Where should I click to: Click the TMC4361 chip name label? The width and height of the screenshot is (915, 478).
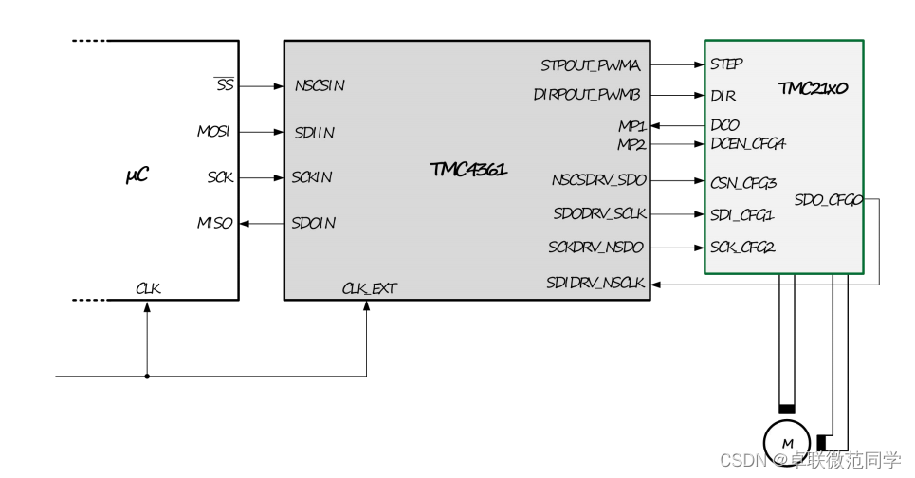click(x=468, y=170)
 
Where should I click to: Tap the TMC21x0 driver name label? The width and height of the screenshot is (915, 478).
click(x=813, y=88)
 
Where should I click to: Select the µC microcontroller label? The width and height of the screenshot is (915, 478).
click(x=137, y=175)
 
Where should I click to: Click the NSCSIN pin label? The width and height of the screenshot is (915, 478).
click(x=320, y=85)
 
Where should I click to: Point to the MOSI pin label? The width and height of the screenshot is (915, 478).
click(x=213, y=132)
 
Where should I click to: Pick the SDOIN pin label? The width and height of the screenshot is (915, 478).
click(x=314, y=223)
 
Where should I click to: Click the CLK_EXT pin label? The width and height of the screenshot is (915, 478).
click(x=369, y=288)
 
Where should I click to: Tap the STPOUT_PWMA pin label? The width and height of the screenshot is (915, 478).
click(x=591, y=65)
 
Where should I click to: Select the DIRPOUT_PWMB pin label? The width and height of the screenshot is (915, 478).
click(x=587, y=95)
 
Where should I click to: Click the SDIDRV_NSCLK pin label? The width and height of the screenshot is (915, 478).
click(x=595, y=283)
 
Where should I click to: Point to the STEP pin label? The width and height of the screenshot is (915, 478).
click(x=726, y=64)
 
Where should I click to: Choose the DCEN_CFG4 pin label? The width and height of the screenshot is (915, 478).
click(x=748, y=144)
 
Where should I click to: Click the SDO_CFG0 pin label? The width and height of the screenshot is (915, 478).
click(x=828, y=200)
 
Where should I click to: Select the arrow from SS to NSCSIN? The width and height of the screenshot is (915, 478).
click(x=261, y=86)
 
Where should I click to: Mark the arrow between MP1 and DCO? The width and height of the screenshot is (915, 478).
click(x=677, y=125)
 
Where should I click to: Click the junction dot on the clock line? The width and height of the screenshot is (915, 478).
click(x=147, y=377)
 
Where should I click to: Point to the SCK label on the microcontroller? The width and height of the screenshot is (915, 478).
click(x=220, y=177)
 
